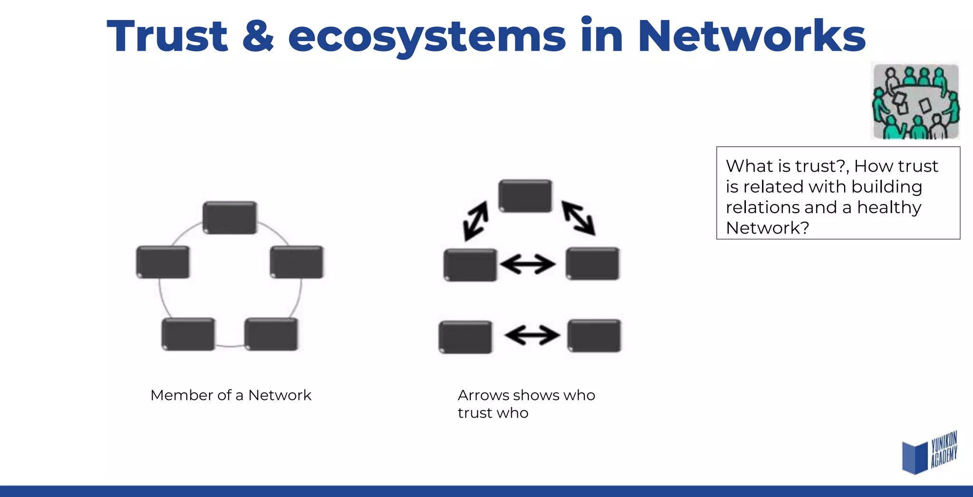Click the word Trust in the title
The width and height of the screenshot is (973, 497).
tap(167, 36)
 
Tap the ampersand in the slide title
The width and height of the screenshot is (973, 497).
tap(258, 36)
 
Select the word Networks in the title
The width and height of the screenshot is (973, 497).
tap(752, 36)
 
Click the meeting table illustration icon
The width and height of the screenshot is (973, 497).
tap(916, 101)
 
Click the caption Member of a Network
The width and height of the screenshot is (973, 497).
tap(231, 395)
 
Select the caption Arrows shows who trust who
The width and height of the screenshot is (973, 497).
tap(526, 404)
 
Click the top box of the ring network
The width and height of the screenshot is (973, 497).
tap(230, 217)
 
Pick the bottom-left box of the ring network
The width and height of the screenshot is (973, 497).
tap(188, 334)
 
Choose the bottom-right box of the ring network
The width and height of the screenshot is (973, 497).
tap(271, 334)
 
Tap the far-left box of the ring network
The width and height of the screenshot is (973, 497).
tap(163, 262)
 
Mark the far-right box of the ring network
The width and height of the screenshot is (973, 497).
tap(297, 262)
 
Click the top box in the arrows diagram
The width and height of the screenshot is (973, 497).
tap(525, 196)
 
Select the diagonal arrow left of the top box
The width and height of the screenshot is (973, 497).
tap(476, 221)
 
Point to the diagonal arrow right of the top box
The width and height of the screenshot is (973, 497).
tap(578, 218)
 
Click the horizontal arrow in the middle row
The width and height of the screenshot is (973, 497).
tap(528, 264)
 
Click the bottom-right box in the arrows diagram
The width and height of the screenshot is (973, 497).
tap(594, 336)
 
